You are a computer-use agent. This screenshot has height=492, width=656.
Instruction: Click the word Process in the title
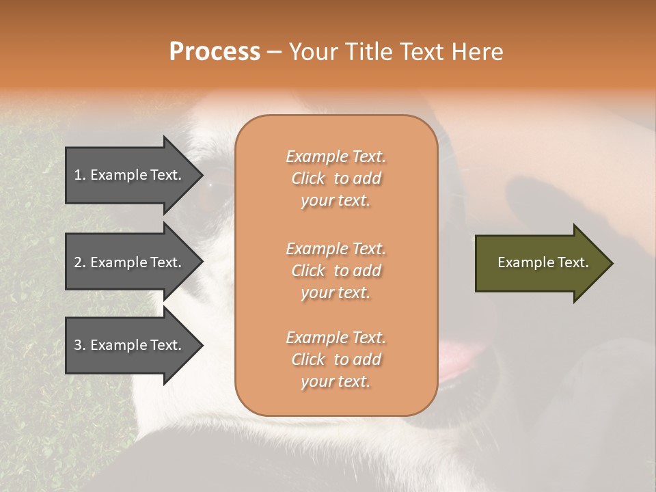point(215,52)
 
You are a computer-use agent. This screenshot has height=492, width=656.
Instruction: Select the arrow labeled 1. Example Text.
point(130,175)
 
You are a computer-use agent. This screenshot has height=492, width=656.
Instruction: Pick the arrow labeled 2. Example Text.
point(130,262)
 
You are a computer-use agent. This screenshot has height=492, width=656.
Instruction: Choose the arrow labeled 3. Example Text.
point(130,345)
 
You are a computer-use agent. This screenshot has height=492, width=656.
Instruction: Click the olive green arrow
point(540,262)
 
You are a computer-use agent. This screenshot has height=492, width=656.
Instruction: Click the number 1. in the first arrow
point(80,175)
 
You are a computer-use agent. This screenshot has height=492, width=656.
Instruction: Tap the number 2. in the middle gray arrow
point(80,262)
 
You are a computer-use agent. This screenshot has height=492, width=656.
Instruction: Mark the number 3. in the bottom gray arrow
point(80,345)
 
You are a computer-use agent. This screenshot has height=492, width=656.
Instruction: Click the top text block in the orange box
point(336,178)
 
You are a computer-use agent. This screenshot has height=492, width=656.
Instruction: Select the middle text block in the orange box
point(336,271)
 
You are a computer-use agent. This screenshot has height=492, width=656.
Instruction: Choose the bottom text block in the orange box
point(336,359)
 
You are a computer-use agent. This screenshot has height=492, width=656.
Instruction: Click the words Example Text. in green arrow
point(543,262)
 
